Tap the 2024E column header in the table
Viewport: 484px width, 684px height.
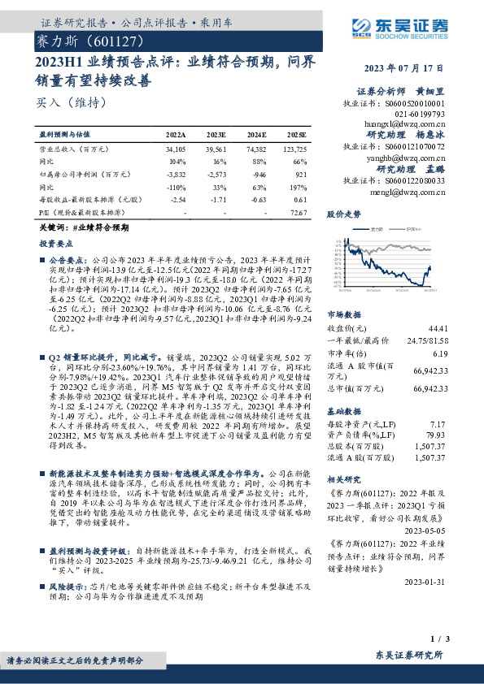click(x=256, y=134)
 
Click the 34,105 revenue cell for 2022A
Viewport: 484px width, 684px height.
click(x=176, y=149)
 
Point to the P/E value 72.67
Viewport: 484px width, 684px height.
click(x=298, y=213)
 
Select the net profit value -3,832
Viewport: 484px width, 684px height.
click(x=176, y=175)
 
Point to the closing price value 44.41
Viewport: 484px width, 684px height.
click(x=438, y=327)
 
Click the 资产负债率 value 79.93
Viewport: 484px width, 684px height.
click(x=438, y=435)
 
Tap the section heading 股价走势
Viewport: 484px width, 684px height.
click(x=342, y=215)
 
